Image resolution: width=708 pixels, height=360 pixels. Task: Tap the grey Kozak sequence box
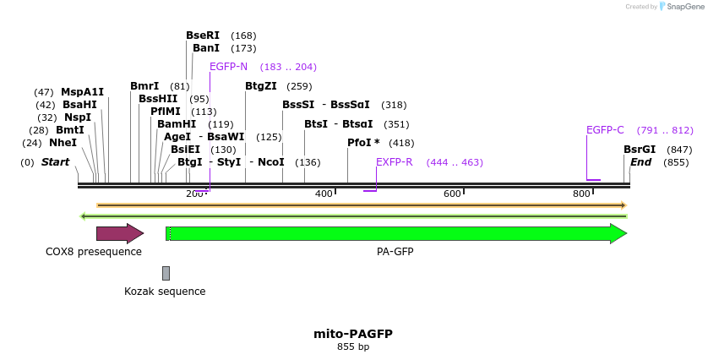(x=166, y=273)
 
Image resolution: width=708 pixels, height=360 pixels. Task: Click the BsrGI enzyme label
(x=640, y=150)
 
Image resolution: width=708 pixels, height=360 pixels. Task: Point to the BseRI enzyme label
(x=203, y=35)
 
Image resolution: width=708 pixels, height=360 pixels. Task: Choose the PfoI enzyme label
(x=363, y=143)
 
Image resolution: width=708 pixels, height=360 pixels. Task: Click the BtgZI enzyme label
(x=261, y=86)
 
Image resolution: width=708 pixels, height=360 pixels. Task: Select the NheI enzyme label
(x=63, y=143)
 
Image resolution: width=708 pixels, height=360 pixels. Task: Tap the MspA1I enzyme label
(x=82, y=92)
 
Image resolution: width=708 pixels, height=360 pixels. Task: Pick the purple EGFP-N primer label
(x=229, y=67)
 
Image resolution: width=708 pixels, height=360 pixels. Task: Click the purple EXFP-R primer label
(x=395, y=162)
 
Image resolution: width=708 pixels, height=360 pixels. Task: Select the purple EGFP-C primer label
(x=605, y=130)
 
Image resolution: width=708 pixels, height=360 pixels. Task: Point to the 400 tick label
(x=324, y=194)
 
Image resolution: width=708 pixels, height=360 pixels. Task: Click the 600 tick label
(x=452, y=194)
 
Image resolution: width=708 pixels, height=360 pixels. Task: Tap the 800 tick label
(x=580, y=194)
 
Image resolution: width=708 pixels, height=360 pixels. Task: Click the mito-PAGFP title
(x=353, y=334)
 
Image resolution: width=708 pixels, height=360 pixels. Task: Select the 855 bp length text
(x=353, y=347)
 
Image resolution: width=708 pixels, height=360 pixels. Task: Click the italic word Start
(x=55, y=162)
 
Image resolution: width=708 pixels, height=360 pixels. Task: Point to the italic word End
(x=641, y=162)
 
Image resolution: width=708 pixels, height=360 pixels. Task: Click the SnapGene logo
(x=680, y=7)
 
